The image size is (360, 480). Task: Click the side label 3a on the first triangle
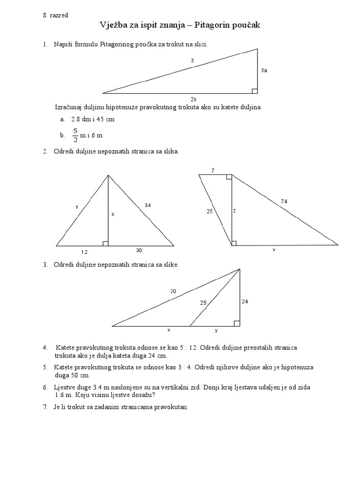click(x=264, y=70)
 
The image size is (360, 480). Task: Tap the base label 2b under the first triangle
click(x=193, y=99)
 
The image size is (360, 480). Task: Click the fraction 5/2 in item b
click(x=75, y=135)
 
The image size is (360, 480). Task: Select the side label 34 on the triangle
click(x=148, y=205)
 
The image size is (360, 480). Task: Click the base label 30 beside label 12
click(x=139, y=251)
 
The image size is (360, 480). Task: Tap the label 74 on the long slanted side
click(x=284, y=202)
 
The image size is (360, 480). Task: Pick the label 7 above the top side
click(x=213, y=171)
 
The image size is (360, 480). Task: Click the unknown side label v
click(x=274, y=250)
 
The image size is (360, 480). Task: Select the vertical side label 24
click(x=245, y=301)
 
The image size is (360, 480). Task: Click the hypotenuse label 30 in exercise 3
click(x=173, y=291)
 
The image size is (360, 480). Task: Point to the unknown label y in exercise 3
click(x=216, y=330)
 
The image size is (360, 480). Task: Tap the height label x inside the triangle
click(x=112, y=214)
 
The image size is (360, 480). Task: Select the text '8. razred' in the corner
click(x=55, y=15)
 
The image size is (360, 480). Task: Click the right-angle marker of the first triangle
click(x=255, y=90)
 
